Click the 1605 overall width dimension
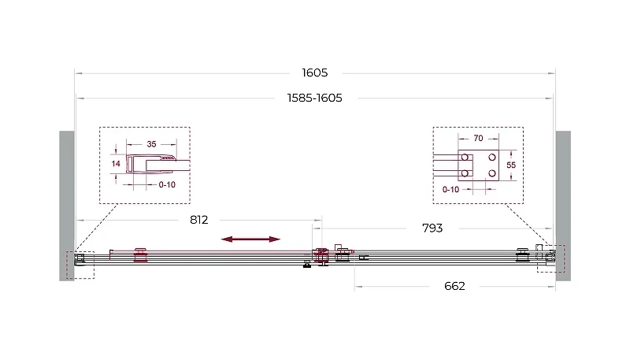314,72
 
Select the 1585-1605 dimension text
314,98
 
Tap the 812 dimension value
199,220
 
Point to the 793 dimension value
432,228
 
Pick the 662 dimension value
454,286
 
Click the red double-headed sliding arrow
250,239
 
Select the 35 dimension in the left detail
151,144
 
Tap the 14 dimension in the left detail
116,164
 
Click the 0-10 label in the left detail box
167,185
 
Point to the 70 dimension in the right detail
478,138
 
